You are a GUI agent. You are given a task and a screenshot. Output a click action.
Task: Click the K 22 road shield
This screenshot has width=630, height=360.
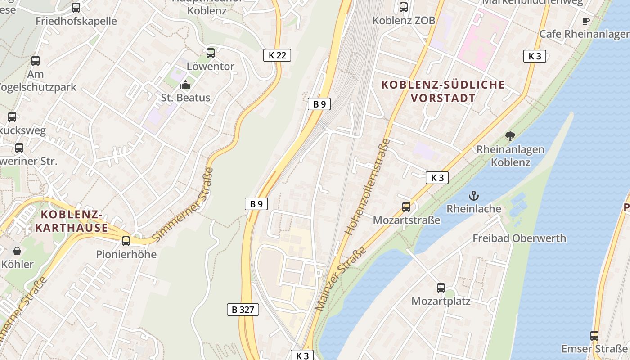pos(277,55)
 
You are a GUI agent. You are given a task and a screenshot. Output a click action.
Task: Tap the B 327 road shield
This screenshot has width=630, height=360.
pos(243,310)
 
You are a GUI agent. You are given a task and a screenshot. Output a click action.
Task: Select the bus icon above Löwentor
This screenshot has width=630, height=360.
pos(211,53)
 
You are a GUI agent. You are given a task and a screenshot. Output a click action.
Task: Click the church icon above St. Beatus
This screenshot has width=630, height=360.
pos(185,85)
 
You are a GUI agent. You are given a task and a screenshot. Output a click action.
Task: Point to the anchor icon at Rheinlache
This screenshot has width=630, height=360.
pos(473,196)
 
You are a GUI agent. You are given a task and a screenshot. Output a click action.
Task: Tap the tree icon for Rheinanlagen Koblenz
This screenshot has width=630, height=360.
pos(510,136)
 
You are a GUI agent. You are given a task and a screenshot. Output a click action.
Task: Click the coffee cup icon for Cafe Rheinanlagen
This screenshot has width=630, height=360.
pos(585,21)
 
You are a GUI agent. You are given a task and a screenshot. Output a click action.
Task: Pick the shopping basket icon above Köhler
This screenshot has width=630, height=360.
pos(17,251)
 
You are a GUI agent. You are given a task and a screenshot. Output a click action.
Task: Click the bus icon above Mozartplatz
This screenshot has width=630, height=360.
pos(441,288)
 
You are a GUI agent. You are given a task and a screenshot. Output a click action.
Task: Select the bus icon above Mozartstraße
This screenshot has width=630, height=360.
pos(406,207)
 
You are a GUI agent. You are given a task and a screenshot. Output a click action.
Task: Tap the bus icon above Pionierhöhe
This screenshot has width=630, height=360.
pos(126,241)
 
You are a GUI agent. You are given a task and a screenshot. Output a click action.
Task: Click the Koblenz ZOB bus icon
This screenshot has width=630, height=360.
pos(404,7)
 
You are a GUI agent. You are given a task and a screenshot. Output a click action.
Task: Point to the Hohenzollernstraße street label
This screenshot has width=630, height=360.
pos(368,187)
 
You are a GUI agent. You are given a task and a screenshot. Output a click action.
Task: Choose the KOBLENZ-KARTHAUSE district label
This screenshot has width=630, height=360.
pos(72,220)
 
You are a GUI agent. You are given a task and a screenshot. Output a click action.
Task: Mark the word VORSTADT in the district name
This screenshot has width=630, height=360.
pos(443,98)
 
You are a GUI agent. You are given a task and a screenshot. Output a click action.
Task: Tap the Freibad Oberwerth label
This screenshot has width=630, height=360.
pos(519,238)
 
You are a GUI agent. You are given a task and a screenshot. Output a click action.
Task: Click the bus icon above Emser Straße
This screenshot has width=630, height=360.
pos(594,336)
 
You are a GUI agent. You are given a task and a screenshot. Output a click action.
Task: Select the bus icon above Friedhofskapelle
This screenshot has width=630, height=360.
pos(76,8)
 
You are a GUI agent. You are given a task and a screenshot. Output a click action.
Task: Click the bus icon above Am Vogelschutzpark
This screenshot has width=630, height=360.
pos(36,61)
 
